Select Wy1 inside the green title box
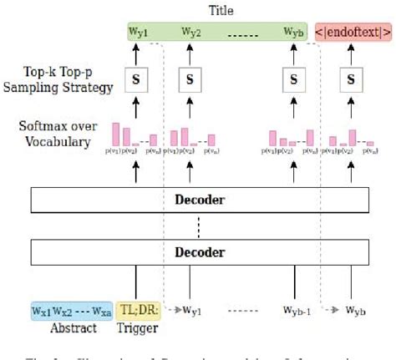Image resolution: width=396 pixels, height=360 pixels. point(138,33)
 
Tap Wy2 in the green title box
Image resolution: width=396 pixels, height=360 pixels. point(192,33)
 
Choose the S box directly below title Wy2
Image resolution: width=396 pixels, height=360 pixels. point(190,81)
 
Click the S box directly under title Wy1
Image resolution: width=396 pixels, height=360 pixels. point(136,81)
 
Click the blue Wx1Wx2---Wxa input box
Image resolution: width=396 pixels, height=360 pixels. point(71,312)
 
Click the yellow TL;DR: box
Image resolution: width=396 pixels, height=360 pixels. point(135,312)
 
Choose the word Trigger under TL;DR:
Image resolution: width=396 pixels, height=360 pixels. point(135,328)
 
